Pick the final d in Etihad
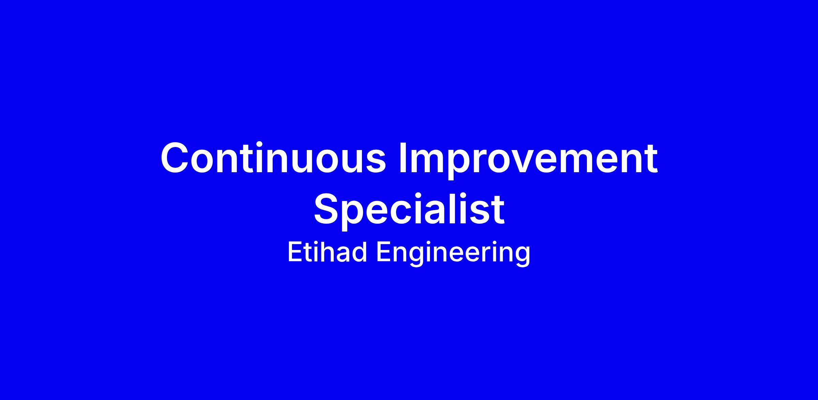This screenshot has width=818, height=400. tap(360, 252)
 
